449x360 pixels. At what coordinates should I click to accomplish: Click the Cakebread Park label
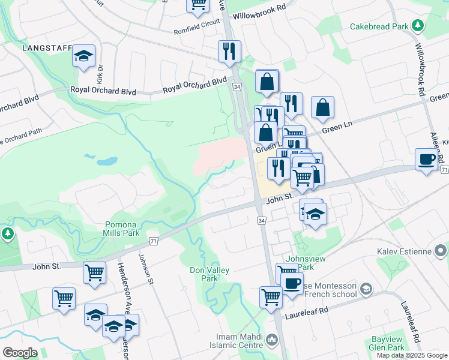[x=378, y=26]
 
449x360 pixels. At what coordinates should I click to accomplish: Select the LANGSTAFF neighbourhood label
[x=46, y=47]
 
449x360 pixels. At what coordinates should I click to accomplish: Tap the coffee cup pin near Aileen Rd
[x=426, y=159]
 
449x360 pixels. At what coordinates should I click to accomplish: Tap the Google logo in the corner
[x=20, y=353]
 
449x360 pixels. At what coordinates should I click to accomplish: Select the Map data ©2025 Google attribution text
[x=412, y=355]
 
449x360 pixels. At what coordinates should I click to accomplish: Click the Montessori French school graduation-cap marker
[x=364, y=290]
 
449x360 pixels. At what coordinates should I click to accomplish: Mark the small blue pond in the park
[x=107, y=161]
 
